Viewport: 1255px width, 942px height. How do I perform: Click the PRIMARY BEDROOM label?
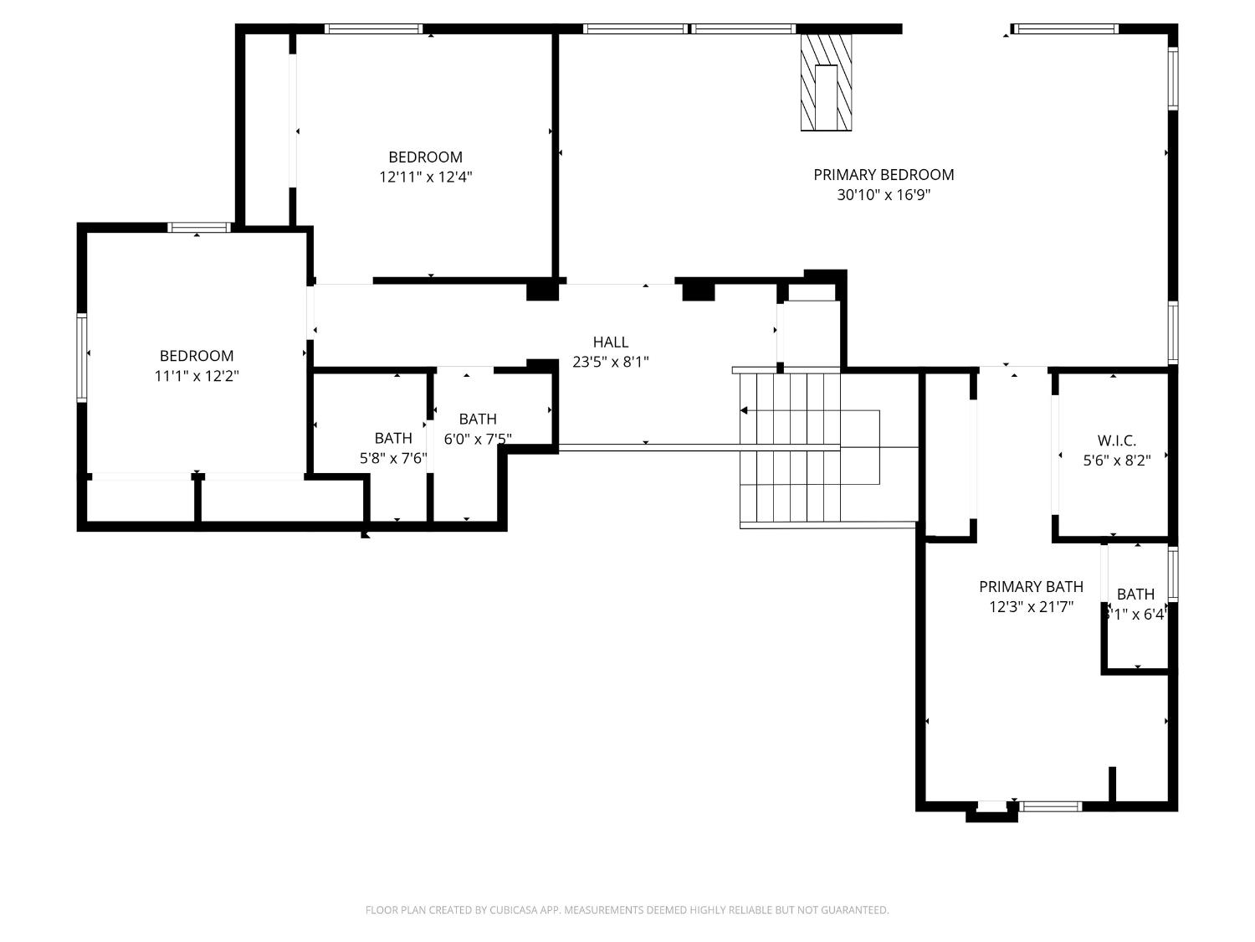(x=884, y=174)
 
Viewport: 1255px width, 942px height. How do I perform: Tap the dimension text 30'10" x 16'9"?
(x=884, y=195)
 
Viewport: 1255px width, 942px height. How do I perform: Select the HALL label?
(x=610, y=342)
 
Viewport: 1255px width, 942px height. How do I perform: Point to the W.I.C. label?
(x=1116, y=440)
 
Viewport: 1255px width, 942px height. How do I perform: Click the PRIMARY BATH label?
(x=1031, y=586)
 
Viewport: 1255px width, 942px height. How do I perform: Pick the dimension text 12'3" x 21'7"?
(x=1031, y=607)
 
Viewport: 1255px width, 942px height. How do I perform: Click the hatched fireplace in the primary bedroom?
(x=826, y=82)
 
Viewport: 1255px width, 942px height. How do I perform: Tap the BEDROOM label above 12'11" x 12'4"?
(x=425, y=157)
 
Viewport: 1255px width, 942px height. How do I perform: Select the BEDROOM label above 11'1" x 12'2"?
(x=197, y=356)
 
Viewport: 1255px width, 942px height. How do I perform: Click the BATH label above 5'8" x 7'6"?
(x=392, y=438)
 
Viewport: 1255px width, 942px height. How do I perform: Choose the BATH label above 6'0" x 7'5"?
(x=477, y=419)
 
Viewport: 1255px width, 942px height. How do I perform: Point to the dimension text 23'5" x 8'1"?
(x=610, y=362)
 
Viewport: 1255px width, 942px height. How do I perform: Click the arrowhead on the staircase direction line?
(x=744, y=410)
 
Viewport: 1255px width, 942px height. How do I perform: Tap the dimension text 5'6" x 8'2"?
(x=1116, y=460)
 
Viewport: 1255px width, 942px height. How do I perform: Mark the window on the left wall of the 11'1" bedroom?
(x=82, y=358)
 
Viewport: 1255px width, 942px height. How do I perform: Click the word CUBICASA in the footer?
(x=513, y=910)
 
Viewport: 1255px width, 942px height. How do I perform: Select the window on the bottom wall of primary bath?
(x=1050, y=806)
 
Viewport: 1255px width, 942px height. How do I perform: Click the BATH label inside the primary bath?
(x=1135, y=594)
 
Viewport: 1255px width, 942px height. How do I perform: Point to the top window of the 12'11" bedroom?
(x=372, y=28)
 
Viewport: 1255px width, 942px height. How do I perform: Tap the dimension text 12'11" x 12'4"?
(x=425, y=177)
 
